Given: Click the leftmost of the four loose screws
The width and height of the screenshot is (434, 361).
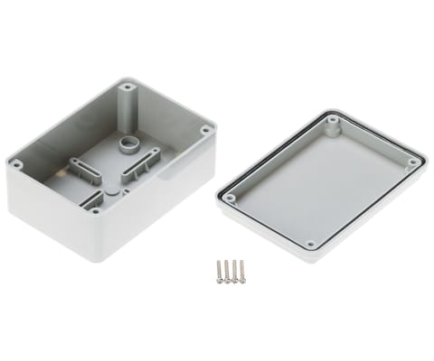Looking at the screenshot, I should [x=219, y=270].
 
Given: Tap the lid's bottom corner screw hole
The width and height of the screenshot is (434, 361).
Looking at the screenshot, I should [x=310, y=244].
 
